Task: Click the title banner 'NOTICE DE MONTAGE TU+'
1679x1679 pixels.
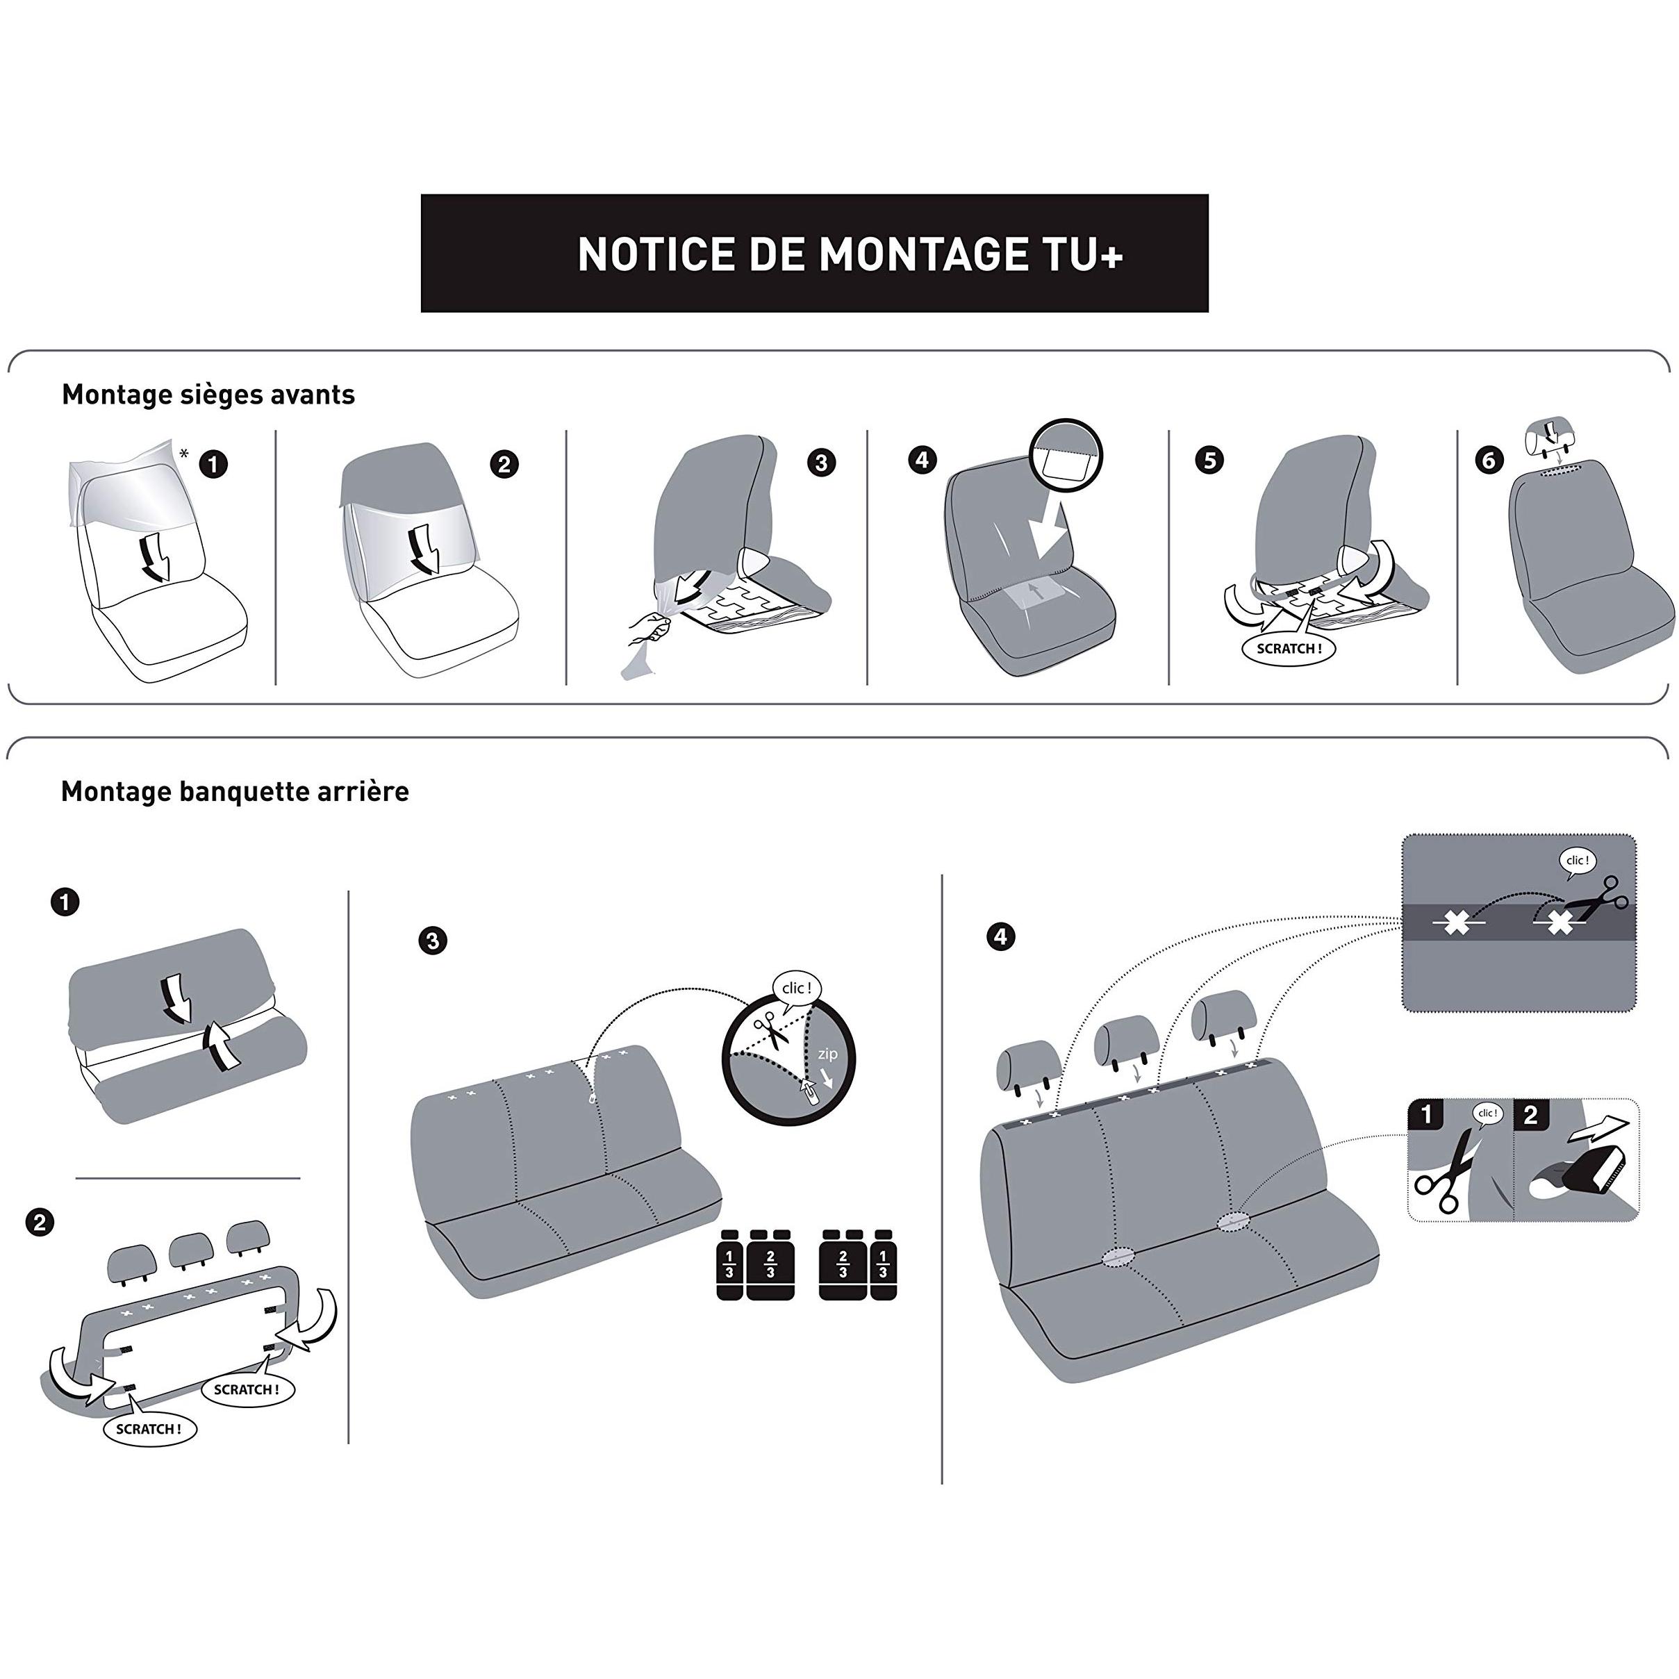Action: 814,253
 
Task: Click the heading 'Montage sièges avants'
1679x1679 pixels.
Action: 208,395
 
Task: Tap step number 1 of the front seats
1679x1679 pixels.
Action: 214,464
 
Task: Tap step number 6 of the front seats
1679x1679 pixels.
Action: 1489,460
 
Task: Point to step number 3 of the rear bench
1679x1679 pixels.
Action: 432,941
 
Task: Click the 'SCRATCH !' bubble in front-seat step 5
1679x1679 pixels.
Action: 1289,648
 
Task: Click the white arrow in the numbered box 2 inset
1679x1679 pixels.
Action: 1598,1129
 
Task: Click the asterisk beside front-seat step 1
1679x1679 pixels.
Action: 183,453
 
